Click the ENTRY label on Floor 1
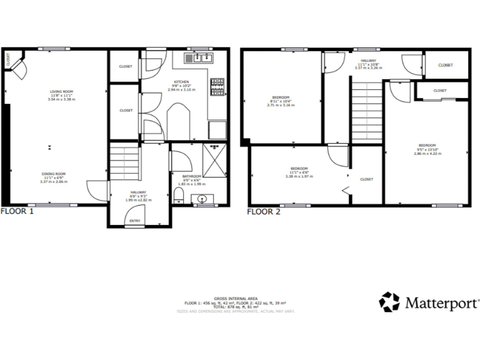[x=135, y=221]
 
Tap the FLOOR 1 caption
[x=17, y=211]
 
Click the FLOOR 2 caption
[x=264, y=211]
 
